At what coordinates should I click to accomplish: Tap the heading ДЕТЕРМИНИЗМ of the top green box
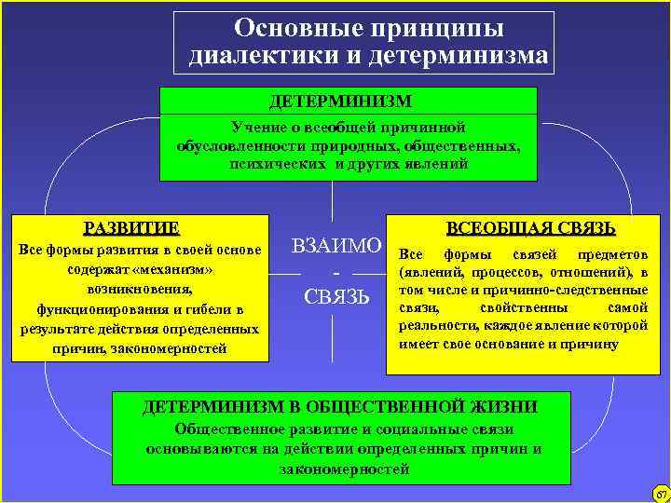340,100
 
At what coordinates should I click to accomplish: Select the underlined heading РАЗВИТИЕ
131,227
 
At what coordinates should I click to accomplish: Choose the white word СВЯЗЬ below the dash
337,297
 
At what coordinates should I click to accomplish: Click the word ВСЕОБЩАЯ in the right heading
495,228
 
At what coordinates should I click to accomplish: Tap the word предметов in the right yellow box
612,254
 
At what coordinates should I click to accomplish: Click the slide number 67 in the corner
661,493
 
